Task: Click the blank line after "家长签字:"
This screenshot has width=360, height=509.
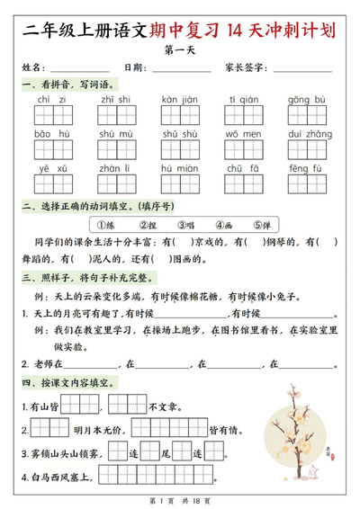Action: [301, 69]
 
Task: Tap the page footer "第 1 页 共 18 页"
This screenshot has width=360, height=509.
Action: [179, 497]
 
